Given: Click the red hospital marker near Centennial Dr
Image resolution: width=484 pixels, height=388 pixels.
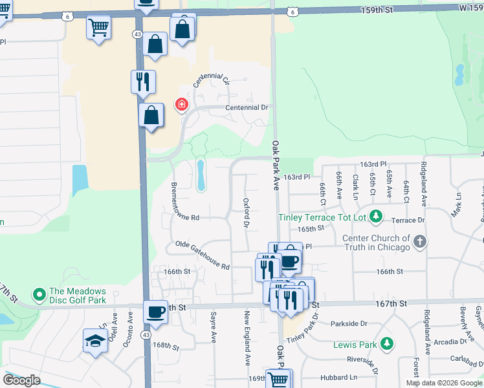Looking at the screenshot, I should tap(182, 104).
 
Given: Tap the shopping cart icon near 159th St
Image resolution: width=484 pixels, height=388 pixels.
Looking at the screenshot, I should tap(98, 27).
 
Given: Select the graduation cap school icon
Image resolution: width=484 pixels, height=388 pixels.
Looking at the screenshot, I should tap(95, 341).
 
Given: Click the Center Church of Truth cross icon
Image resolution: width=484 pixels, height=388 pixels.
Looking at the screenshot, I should tap(420, 242).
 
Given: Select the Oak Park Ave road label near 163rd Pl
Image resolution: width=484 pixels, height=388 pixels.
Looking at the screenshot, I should tap(276, 166).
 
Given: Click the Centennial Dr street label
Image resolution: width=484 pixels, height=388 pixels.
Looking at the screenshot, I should tap(247, 108).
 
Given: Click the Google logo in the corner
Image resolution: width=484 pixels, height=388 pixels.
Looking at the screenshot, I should tap(21, 380).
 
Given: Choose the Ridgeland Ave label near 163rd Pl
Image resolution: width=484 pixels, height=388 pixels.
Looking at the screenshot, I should tap(424, 186).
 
